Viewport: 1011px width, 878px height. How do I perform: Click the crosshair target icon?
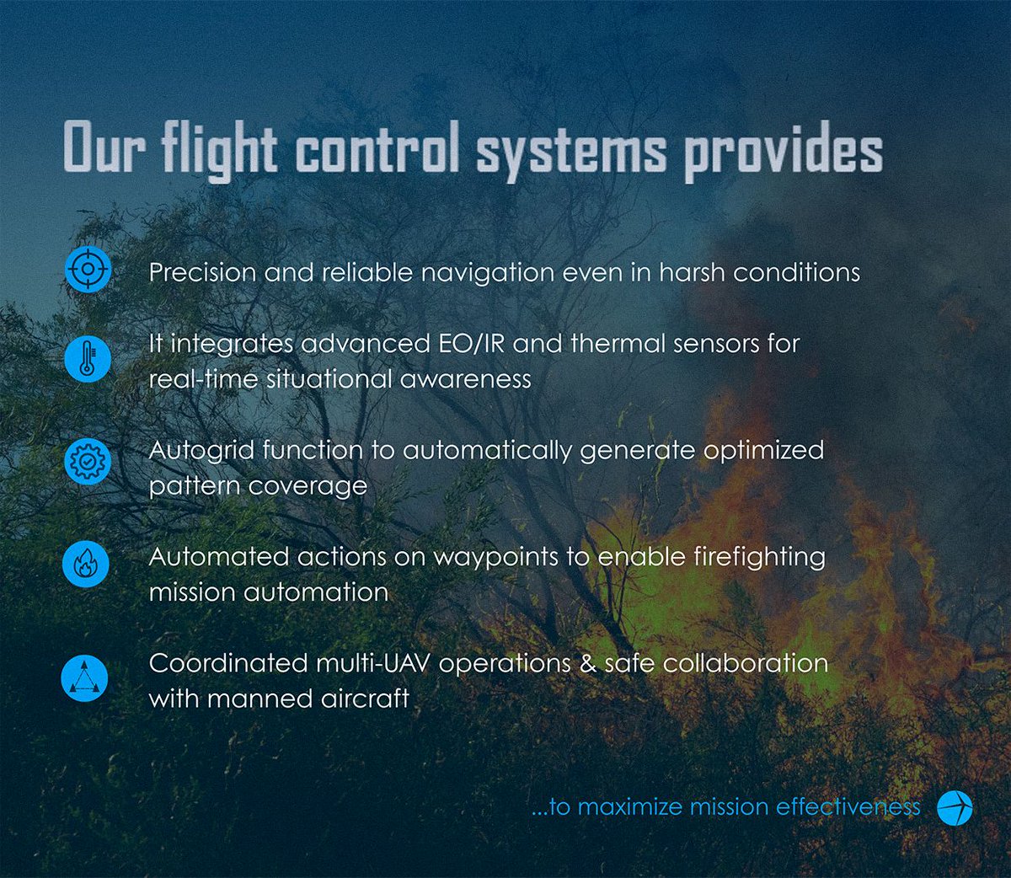click(88, 270)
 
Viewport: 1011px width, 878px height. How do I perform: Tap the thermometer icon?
click(88, 359)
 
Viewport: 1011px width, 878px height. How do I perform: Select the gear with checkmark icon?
click(88, 461)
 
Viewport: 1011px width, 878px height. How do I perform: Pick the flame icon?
click(86, 564)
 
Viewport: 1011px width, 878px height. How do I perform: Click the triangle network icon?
click(85, 677)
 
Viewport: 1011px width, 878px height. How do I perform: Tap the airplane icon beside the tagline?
click(955, 807)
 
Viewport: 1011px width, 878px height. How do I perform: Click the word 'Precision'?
click(202, 273)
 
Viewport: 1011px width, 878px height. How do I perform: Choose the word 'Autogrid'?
click(201, 451)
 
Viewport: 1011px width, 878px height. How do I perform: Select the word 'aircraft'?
click(365, 699)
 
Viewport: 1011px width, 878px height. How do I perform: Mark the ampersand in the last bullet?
click(587, 663)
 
